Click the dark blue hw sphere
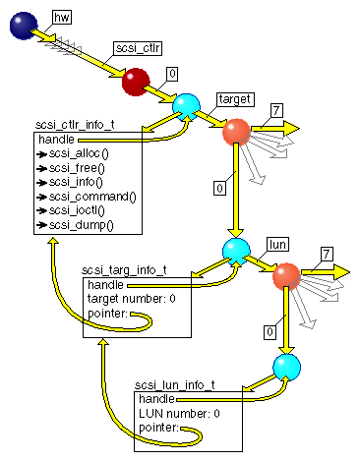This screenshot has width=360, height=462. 23,27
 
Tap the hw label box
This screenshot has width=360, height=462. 60,18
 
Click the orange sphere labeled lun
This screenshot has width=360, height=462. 286,276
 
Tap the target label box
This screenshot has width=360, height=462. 236,99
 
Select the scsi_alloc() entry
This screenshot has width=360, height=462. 81,153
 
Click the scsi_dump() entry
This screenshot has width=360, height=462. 82,224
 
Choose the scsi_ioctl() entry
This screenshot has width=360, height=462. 80,210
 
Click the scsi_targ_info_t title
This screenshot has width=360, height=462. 124,269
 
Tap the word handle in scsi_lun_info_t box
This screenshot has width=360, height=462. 156,400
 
